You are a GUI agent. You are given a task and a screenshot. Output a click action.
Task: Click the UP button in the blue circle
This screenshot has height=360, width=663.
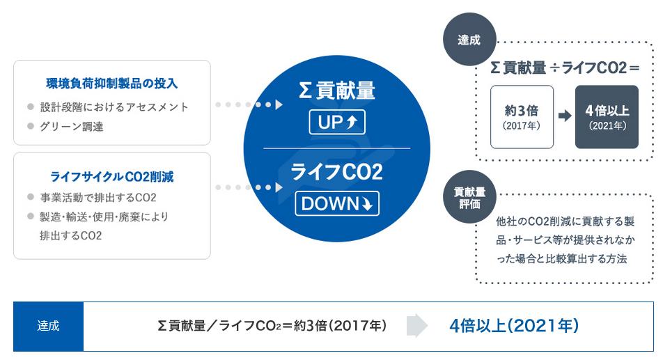pyautogui.click(x=337, y=122)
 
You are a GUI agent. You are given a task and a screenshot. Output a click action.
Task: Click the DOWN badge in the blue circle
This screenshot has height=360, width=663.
pyautogui.click(x=337, y=203)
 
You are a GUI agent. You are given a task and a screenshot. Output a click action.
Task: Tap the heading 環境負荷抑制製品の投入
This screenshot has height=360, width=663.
pyautogui.click(x=111, y=84)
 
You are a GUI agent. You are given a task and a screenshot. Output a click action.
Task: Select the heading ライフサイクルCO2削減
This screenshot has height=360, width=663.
pyautogui.click(x=111, y=177)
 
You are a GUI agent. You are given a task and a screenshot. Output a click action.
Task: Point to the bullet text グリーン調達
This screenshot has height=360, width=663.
pyautogui.click(x=72, y=126)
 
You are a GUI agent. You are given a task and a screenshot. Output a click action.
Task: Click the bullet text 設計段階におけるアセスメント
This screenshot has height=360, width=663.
pyautogui.click(x=114, y=107)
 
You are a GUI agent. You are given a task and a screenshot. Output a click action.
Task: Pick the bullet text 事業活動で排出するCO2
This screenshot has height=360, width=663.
pyautogui.click(x=98, y=197)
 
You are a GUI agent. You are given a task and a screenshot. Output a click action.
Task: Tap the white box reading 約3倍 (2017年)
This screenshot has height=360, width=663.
pyautogui.click(x=522, y=117)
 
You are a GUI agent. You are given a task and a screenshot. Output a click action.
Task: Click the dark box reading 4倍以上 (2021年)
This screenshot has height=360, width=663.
pyautogui.click(x=607, y=117)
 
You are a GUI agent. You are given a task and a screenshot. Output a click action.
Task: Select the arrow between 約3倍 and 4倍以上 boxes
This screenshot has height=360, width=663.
pyautogui.click(x=565, y=116)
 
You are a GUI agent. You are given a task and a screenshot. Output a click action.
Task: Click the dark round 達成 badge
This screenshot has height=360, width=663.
pyautogui.click(x=469, y=39)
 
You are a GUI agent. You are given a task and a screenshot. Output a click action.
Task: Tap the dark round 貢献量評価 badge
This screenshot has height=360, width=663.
pyautogui.click(x=469, y=197)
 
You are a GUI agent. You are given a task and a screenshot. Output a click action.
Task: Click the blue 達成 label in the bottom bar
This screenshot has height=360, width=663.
pyautogui.click(x=48, y=326)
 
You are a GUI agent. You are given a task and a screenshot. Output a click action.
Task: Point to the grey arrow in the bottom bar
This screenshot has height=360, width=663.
pyautogui.click(x=417, y=326)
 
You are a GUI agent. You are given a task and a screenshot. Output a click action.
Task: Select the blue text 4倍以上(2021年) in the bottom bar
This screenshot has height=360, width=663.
pyautogui.click(x=514, y=326)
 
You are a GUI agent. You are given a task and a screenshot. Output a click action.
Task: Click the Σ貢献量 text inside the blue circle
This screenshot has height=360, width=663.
pyautogui.click(x=337, y=91)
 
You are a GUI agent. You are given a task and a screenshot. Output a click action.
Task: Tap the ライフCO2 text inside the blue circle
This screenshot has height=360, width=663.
pyautogui.click(x=337, y=172)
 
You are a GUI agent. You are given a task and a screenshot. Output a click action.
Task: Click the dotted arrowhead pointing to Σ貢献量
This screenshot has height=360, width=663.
pyautogui.click(x=279, y=104)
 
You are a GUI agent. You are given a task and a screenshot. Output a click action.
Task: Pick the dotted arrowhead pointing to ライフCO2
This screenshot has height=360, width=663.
pyautogui.click(x=279, y=187)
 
